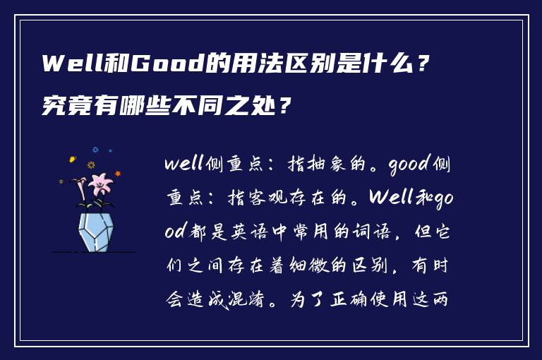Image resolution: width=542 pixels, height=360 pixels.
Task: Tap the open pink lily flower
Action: click(101, 185)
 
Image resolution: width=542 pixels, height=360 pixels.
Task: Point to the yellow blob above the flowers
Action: click(72, 160)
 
